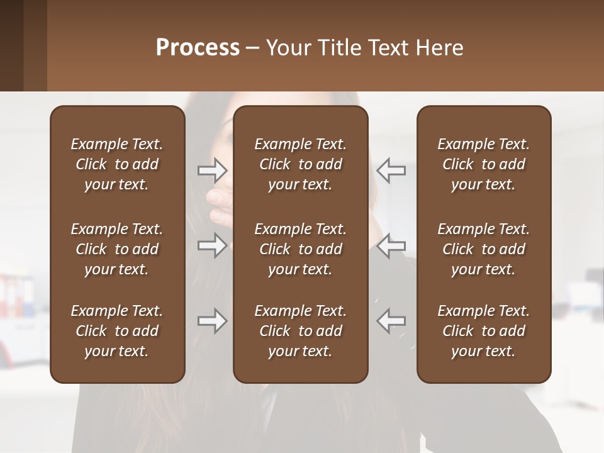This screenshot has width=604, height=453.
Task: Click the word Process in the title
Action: (x=198, y=48)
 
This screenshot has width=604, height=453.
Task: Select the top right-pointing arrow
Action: (x=212, y=170)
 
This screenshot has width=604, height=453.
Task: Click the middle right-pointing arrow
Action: (x=212, y=245)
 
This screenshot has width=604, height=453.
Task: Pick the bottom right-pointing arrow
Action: (x=212, y=321)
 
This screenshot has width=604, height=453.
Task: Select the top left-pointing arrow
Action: (x=391, y=170)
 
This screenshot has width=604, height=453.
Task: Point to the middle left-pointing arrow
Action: (x=391, y=245)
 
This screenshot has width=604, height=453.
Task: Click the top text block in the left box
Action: (x=117, y=164)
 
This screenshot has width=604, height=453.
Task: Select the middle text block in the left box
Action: (x=117, y=249)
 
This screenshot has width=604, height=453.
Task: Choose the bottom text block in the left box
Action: (x=117, y=331)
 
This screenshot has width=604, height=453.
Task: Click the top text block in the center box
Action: (x=300, y=164)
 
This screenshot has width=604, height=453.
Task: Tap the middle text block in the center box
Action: (x=300, y=249)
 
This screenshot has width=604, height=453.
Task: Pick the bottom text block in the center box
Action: (x=300, y=331)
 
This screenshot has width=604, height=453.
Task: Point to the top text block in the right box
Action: (x=483, y=164)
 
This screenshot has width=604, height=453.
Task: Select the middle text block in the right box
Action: (x=483, y=249)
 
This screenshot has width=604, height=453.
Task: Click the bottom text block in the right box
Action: (x=483, y=331)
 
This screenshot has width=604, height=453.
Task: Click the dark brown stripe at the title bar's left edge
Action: (x=11, y=45)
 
